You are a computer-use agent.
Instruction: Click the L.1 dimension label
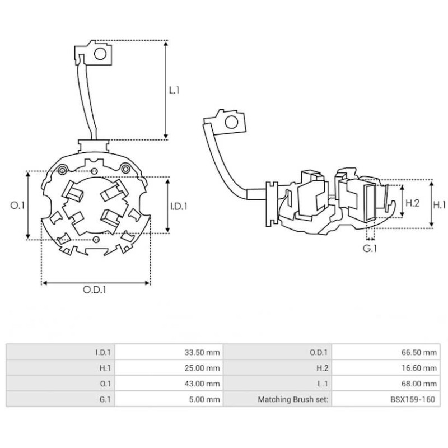(175, 89)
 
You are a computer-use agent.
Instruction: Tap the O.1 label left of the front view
(18, 206)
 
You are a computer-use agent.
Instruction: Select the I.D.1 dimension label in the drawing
(178, 206)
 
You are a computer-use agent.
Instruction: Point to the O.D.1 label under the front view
(95, 290)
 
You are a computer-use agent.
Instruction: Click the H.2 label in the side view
(412, 203)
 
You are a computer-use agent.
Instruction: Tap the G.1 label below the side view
(369, 248)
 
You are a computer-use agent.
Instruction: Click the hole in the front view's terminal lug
(101, 54)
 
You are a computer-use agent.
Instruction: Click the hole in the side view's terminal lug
(230, 123)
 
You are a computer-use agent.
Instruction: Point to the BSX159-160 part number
(413, 399)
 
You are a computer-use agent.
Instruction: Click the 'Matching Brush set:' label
(295, 399)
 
